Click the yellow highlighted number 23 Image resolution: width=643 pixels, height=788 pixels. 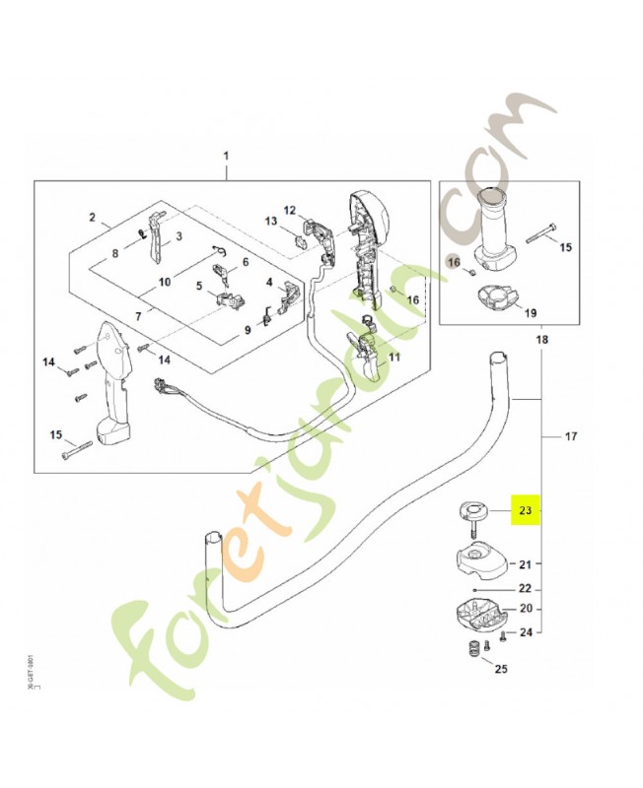(x=525, y=510)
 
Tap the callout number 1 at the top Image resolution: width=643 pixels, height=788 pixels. (x=226, y=158)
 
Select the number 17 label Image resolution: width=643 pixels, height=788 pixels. (x=573, y=435)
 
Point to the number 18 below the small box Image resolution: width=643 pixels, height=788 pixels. (x=541, y=340)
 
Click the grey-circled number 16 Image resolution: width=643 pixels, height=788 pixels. (x=454, y=262)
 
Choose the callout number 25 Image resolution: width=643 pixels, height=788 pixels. (x=500, y=670)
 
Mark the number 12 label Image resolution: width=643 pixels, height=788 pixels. (x=290, y=210)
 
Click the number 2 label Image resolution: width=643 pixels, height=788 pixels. (x=92, y=218)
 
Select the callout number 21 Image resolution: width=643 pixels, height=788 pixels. (x=526, y=564)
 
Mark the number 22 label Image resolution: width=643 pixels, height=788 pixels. (x=526, y=589)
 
